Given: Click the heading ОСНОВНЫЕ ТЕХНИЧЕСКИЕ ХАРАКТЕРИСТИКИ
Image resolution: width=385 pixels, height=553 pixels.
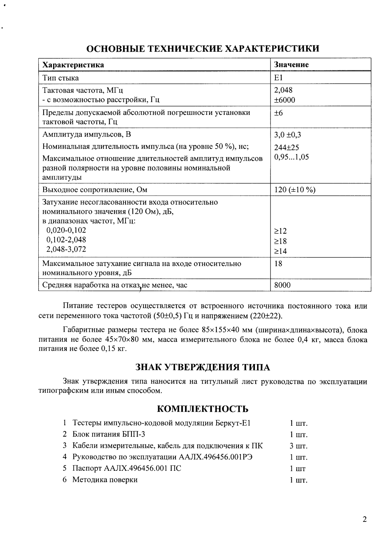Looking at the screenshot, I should click(x=203, y=49).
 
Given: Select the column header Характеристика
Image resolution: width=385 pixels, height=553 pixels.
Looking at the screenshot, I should click(x=73, y=65).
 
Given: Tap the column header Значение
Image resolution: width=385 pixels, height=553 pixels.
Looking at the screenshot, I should click(x=291, y=65).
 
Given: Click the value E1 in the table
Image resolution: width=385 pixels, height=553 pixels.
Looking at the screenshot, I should click(x=279, y=78).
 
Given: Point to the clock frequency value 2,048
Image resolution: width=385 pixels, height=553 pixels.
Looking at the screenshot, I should click(x=283, y=90).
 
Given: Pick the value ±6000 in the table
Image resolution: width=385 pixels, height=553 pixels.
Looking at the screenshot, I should click(x=284, y=100).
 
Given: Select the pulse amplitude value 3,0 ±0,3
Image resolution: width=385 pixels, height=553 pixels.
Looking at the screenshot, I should click(x=288, y=135).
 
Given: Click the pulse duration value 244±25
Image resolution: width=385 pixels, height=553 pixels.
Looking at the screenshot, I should click(x=286, y=148).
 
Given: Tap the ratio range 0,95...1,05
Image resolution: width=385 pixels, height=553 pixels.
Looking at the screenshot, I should click(x=291, y=157).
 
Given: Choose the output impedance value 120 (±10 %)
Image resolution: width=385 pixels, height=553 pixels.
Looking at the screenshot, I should click(x=295, y=190).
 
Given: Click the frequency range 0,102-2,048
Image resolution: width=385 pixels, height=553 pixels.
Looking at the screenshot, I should click(x=66, y=239).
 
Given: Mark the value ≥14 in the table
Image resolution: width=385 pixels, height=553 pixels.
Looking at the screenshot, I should click(x=280, y=251).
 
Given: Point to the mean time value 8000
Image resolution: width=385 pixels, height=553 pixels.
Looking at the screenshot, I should click(x=282, y=285).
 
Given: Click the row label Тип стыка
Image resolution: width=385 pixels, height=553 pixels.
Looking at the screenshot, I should click(x=61, y=78).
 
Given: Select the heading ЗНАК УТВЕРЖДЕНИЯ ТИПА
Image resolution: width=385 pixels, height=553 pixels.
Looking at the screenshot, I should click(x=203, y=367).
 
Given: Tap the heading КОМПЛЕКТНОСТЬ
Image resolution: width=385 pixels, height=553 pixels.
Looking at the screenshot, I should click(x=202, y=409).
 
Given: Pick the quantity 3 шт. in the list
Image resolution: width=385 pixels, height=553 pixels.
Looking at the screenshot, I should click(x=298, y=446).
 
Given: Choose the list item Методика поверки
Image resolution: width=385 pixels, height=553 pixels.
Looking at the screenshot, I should click(x=105, y=480).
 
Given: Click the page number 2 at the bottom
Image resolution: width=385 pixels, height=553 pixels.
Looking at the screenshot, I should click(x=364, y=520).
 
